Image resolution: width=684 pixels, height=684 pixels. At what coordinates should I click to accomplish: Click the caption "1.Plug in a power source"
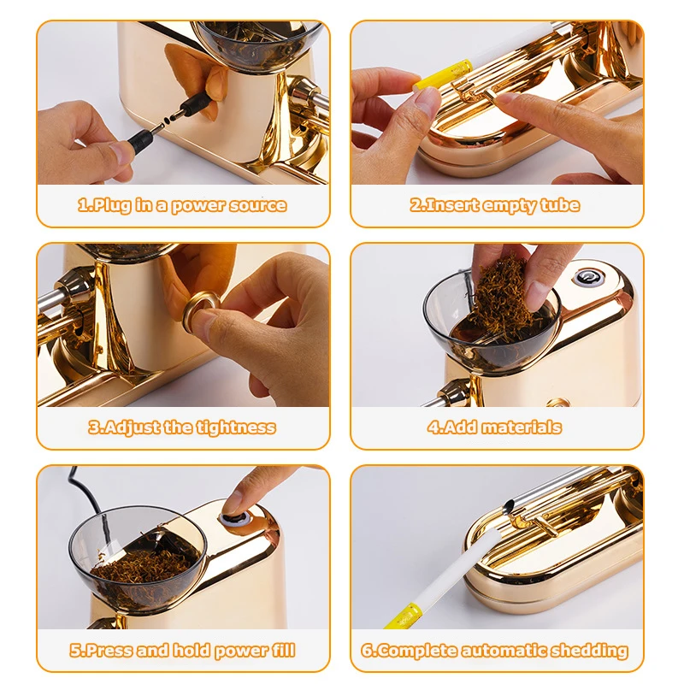click(x=182, y=205)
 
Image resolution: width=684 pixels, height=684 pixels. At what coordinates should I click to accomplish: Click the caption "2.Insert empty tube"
click(x=495, y=205)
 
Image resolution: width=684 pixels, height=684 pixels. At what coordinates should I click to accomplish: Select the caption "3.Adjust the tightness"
click(x=182, y=427)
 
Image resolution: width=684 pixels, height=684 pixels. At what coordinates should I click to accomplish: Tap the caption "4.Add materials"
click(x=495, y=427)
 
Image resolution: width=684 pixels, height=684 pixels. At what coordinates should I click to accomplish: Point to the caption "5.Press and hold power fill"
click(x=182, y=651)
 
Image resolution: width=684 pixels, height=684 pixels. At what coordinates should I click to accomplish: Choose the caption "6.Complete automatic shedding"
click(x=495, y=651)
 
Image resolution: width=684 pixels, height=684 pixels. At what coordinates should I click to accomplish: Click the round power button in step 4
click(x=587, y=278)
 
